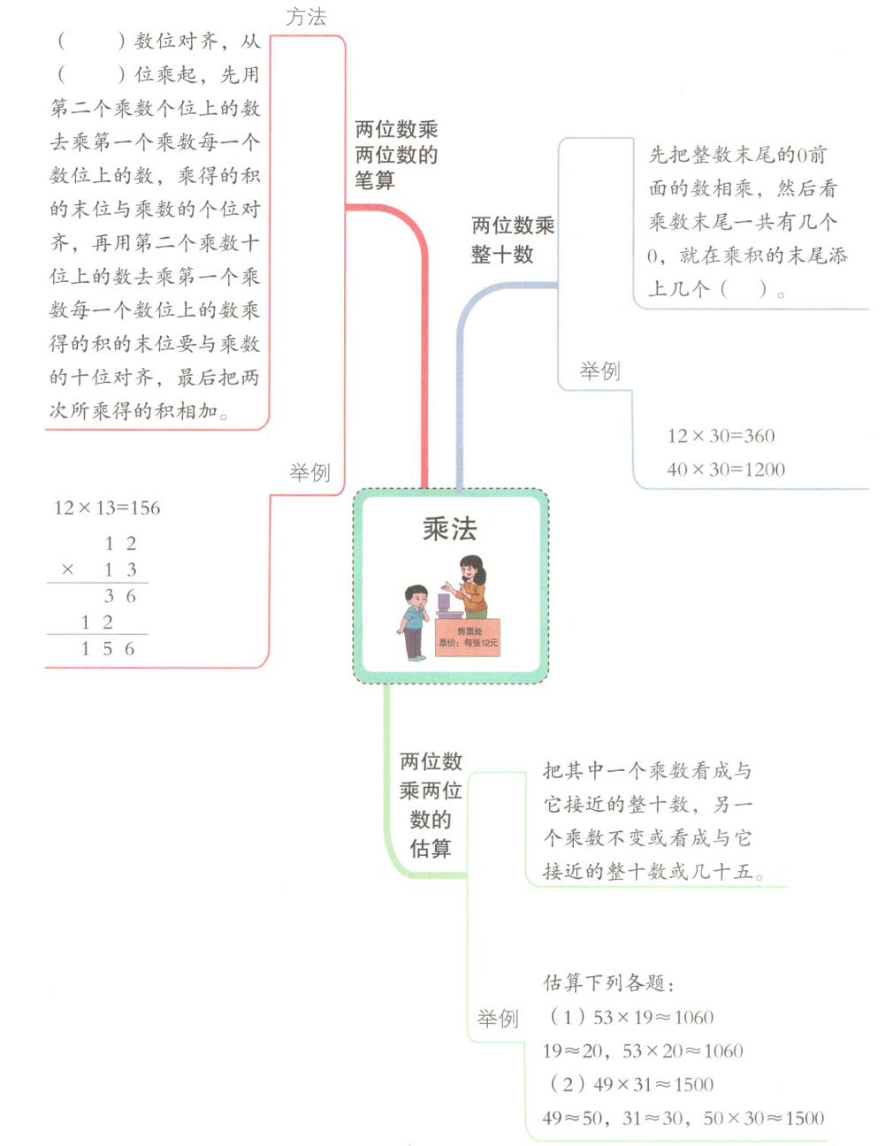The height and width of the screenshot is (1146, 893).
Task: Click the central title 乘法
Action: (449, 529)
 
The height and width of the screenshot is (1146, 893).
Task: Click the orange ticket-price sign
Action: (468, 638)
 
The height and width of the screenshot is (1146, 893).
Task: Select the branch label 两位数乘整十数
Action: (513, 240)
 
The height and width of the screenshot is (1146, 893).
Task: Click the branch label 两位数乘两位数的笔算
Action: (396, 155)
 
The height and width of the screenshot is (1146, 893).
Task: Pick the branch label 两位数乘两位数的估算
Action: (431, 805)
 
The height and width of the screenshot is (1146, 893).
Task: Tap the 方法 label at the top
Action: (306, 17)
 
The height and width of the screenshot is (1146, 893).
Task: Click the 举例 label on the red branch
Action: (309, 473)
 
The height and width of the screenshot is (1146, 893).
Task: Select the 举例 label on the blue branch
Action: (599, 371)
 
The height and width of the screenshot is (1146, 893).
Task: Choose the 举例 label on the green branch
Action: (498, 1019)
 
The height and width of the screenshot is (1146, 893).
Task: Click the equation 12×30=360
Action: (721, 436)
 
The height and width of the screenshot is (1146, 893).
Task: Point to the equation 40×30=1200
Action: (726, 470)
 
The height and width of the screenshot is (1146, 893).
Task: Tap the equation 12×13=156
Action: (107, 508)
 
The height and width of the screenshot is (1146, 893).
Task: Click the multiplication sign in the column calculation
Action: (67, 569)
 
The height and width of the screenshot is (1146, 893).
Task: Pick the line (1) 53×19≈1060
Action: (631, 1017)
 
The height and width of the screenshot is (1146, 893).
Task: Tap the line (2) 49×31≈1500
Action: (631, 1084)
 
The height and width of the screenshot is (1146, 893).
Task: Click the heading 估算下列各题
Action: (609, 983)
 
